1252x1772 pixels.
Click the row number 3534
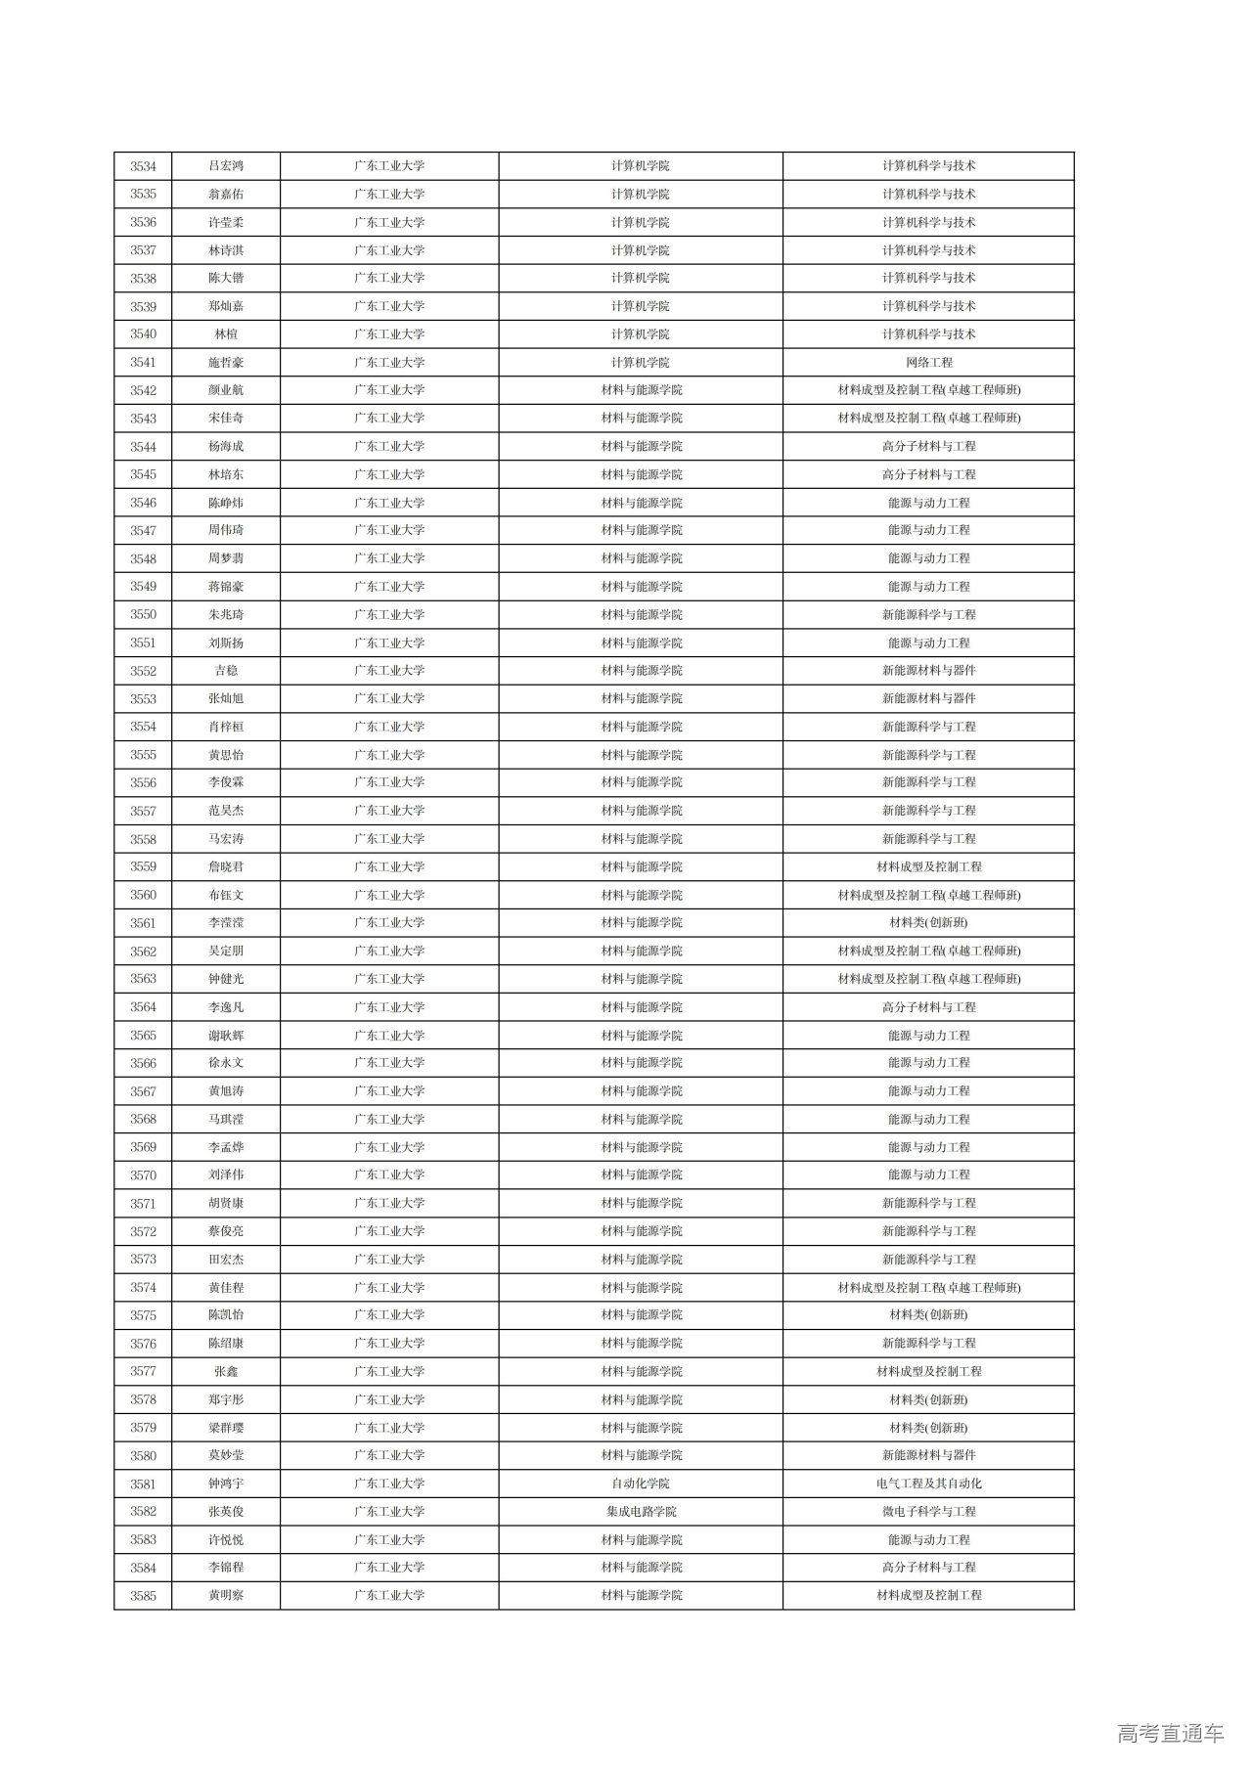[143, 166]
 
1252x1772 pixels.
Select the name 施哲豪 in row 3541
[226, 363]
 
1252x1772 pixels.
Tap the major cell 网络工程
[928, 363]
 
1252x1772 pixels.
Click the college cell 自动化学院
[641, 1484]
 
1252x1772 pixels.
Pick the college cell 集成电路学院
[641, 1512]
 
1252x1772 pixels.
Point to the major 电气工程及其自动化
[928, 1484]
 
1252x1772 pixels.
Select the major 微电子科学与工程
[928, 1512]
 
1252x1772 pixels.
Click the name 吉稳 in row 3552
[226, 671]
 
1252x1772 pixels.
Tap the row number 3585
[143, 1596]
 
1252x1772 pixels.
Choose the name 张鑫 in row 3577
[226, 1372]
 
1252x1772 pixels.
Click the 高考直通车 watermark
[1170, 1734]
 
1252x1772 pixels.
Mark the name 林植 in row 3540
[226, 334]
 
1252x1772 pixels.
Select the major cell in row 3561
[928, 923]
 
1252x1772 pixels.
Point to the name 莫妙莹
[226, 1456]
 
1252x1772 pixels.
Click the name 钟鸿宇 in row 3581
[226, 1484]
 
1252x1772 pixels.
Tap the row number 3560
[143, 895]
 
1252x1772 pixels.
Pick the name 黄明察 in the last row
[226, 1596]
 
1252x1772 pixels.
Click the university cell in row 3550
[389, 615]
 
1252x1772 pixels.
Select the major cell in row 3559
[928, 867]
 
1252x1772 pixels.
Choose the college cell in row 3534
[641, 166]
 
